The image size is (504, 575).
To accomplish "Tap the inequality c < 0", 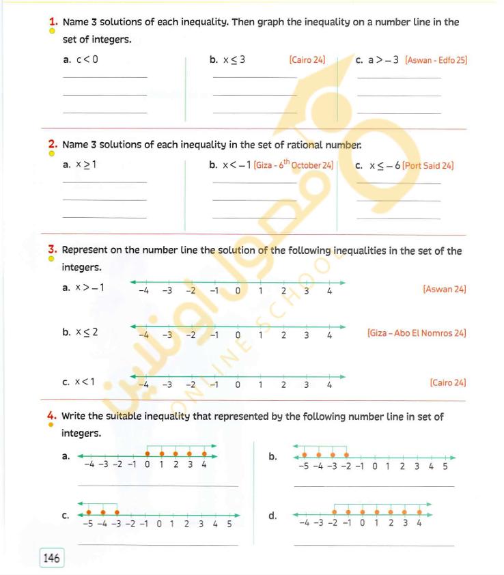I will tap(87, 59).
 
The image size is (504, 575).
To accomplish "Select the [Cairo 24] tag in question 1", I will tap(307, 60).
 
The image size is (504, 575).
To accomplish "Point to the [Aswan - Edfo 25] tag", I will tap(436, 60).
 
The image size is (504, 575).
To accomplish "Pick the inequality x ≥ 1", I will tap(86, 165).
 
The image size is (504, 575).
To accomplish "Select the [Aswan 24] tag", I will tap(445, 290).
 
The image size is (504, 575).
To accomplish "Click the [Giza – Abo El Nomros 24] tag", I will tap(417, 333).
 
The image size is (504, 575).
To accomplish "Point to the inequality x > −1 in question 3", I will tap(89, 287).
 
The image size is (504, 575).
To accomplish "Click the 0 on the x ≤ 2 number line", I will tap(238, 335).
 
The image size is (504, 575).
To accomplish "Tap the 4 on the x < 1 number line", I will tap(329, 384).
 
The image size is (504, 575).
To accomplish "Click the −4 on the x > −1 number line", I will tap(144, 291).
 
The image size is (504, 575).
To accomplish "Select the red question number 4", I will tap(52, 415).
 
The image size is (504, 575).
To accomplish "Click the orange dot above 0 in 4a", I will tap(147, 453).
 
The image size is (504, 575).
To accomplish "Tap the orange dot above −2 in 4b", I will tap(346, 454).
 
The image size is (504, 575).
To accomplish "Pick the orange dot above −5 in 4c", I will tap(88, 511).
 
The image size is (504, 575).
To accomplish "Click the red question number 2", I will tap(52, 144).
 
